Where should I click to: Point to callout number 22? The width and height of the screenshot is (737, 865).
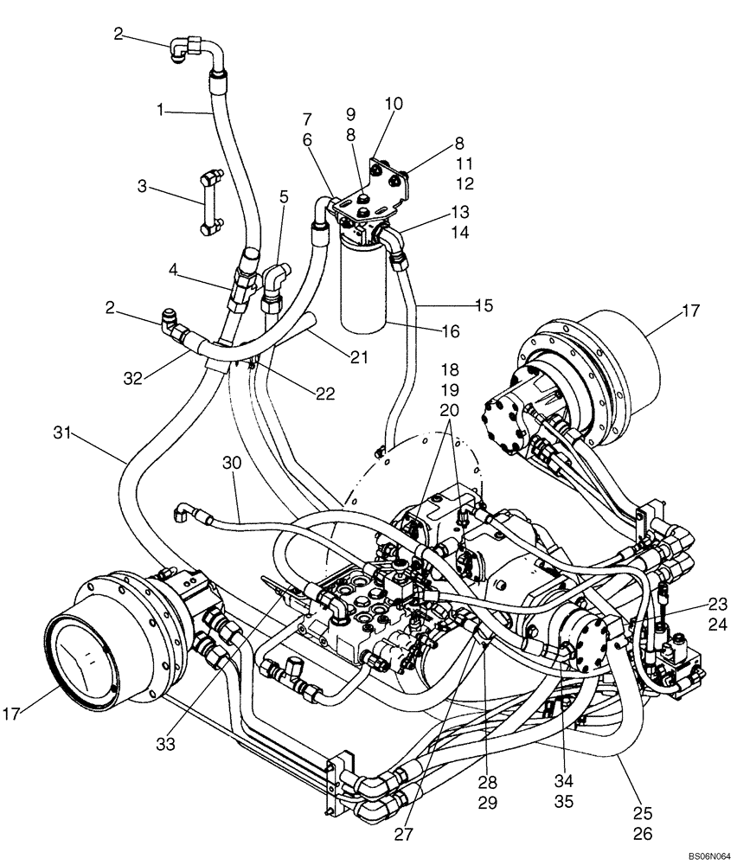(x=324, y=394)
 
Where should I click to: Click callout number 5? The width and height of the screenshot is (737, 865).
(x=283, y=196)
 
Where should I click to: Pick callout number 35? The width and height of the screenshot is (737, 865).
(x=563, y=801)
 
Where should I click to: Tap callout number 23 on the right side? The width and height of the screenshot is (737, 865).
(x=717, y=603)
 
